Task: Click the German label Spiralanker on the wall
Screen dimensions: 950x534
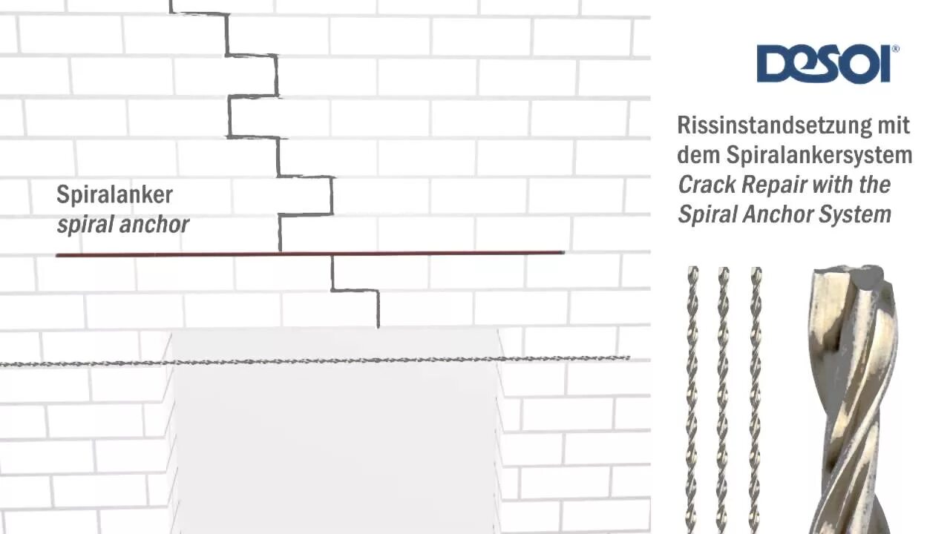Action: (114, 195)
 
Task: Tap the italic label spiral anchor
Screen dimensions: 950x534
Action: (122, 224)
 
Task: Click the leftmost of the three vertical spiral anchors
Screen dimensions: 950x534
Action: (692, 400)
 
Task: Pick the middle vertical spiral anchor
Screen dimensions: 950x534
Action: (722, 400)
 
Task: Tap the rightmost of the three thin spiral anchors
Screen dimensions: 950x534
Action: (755, 400)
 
